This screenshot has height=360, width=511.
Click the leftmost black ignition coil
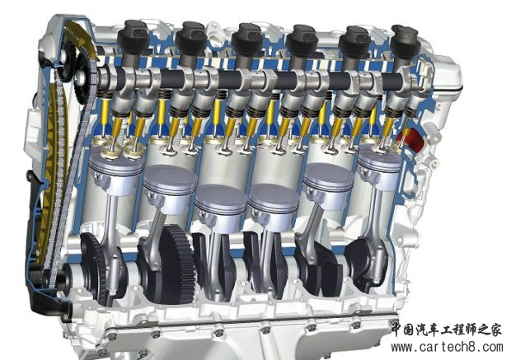click(x=134, y=37)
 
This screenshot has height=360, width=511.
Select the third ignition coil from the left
click(x=247, y=39)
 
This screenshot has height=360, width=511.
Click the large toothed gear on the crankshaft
click(x=177, y=264)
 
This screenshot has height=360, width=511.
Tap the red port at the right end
click(x=407, y=140)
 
